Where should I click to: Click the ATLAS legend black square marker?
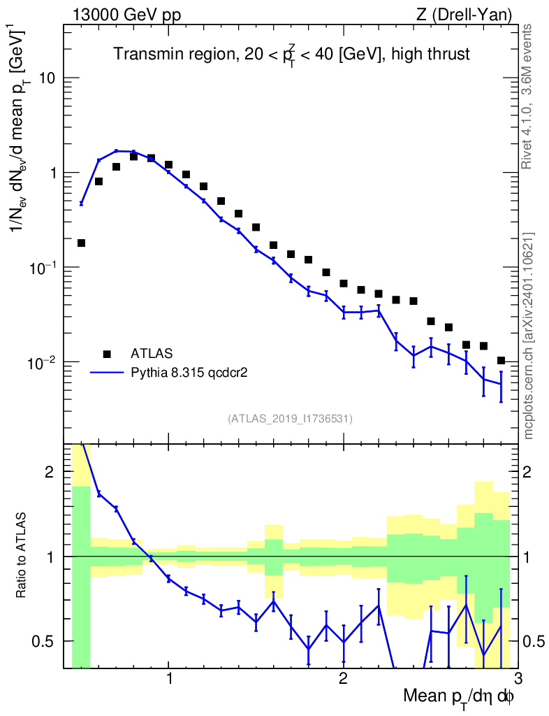tap(107, 355)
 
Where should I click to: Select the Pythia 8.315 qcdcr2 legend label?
tap(190, 373)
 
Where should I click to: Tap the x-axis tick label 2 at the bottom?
tap(343, 678)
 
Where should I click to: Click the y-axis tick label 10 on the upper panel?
tap(47, 78)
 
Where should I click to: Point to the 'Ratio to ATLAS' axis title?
tap(22, 557)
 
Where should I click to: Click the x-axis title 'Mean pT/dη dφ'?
tap(459, 696)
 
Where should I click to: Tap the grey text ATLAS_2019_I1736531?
tap(290, 419)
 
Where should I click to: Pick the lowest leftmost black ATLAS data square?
tap(81, 243)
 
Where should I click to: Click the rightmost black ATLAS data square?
tap(501, 361)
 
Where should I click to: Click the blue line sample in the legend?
tap(107, 373)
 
